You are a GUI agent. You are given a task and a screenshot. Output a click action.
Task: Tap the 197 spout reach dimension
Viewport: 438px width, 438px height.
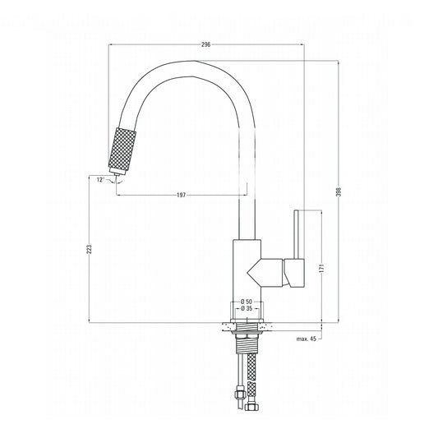(x=181, y=195)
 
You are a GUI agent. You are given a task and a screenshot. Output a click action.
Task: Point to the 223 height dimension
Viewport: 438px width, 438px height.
(x=90, y=251)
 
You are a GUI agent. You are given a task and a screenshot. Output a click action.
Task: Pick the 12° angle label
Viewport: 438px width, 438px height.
(x=100, y=180)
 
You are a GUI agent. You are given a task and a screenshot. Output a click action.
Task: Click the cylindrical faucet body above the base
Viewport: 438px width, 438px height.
(x=247, y=271)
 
